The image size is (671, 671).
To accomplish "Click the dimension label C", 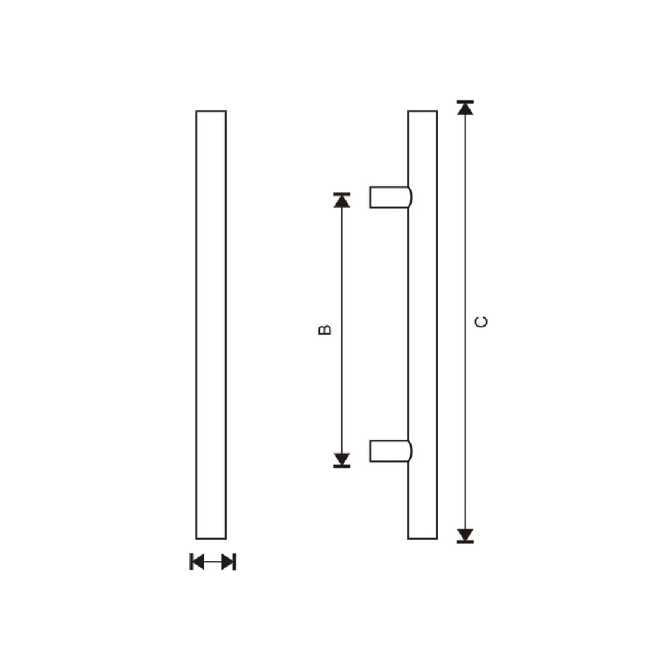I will tap(482, 322).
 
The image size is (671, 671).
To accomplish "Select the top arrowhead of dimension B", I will tap(342, 200).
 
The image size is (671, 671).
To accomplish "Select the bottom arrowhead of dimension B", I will tap(342, 460).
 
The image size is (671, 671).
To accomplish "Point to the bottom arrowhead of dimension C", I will tap(465, 535).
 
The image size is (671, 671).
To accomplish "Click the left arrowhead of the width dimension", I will tap(198, 562).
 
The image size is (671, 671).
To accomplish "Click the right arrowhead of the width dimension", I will tap(227, 562).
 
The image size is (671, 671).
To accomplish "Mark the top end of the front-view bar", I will tap(211, 112).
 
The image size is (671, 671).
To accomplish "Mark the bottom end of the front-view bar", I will tap(211, 537).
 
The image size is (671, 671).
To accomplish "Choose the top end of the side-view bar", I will tap(422, 112).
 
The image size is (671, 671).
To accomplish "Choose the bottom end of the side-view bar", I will tap(422, 537).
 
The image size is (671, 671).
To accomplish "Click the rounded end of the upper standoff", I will tap(410, 197).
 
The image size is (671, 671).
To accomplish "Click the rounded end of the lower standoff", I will tap(410, 451).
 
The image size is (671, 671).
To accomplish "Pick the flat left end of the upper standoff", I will tap(371, 197).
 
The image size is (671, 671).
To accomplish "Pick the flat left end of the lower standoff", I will tap(371, 451).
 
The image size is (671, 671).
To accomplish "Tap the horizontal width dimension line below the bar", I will tap(213, 562).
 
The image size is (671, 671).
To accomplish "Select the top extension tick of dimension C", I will tap(465, 102).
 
